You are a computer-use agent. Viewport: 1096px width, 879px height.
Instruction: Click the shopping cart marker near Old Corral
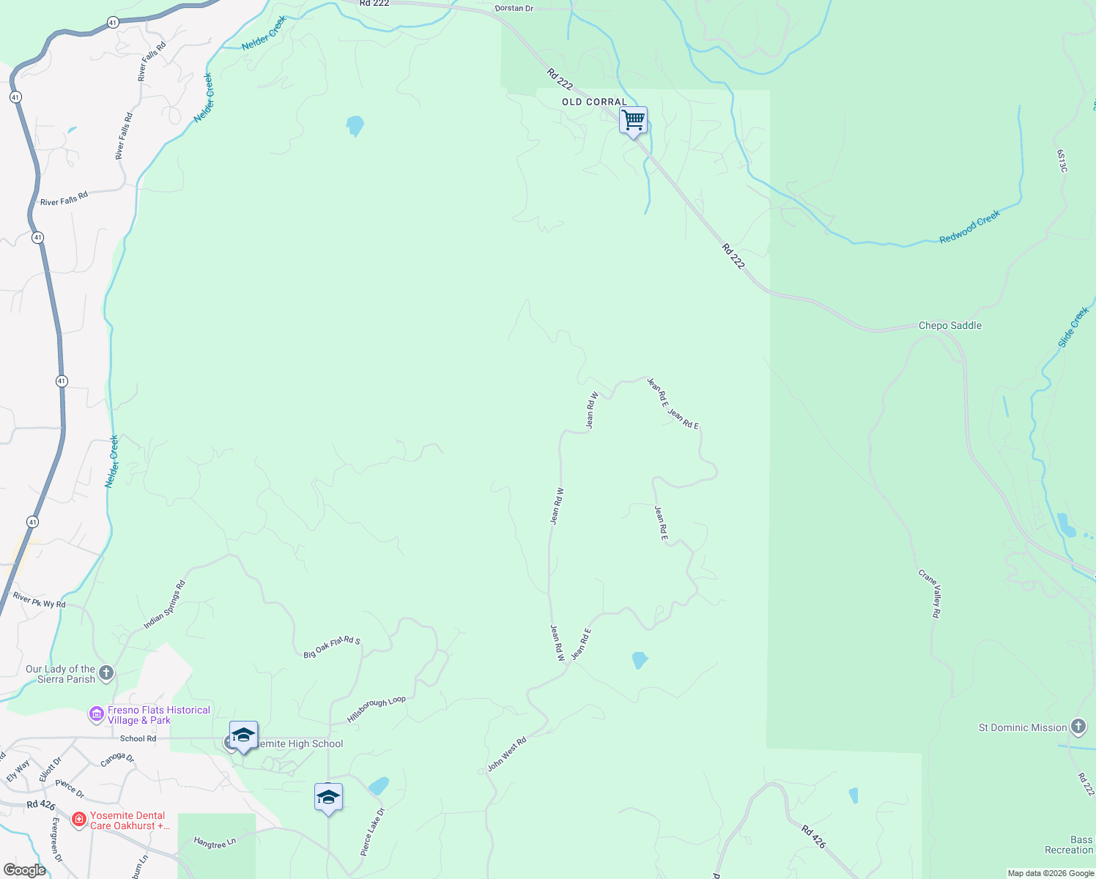pyautogui.click(x=633, y=119)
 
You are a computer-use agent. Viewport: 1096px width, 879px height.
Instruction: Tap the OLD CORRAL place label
pyautogui.click(x=594, y=102)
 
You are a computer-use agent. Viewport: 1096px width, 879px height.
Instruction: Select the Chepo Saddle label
pyautogui.click(x=950, y=325)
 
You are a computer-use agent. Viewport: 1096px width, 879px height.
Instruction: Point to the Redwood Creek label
pyautogui.click(x=969, y=227)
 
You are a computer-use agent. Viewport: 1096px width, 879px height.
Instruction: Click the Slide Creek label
pyautogui.click(x=1074, y=327)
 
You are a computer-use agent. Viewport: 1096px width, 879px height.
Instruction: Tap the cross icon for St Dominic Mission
pyautogui.click(x=1078, y=727)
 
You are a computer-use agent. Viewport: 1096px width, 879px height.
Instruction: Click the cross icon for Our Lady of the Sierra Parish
pyautogui.click(x=106, y=672)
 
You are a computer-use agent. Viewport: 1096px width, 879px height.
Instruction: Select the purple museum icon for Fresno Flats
pyautogui.click(x=97, y=713)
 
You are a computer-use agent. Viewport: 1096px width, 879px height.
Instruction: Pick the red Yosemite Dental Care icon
pyautogui.click(x=79, y=819)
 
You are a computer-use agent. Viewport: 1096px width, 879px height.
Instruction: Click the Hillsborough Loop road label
pyautogui.click(x=376, y=710)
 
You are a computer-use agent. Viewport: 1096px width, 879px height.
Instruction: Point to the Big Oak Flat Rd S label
pyautogui.click(x=332, y=647)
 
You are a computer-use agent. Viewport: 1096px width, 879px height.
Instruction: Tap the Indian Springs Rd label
pyautogui.click(x=165, y=605)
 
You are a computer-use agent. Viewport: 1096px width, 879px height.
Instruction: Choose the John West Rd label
pyautogui.click(x=507, y=755)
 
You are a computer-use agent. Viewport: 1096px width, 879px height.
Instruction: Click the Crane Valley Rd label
pyautogui.click(x=930, y=593)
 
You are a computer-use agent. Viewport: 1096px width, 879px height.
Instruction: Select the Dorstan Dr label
pyautogui.click(x=514, y=8)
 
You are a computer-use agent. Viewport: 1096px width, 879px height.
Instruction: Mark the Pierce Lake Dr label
pyautogui.click(x=372, y=832)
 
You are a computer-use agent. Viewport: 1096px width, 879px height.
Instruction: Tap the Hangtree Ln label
pyautogui.click(x=215, y=843)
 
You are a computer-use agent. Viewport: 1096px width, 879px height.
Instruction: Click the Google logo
pyautogui.click(x=24, y=870)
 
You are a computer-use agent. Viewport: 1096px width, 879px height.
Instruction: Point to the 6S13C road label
pyautogui.click(x=1062, y=161)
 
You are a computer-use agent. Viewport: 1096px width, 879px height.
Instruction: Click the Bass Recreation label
pyautogui.click(x=1070, y=845)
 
